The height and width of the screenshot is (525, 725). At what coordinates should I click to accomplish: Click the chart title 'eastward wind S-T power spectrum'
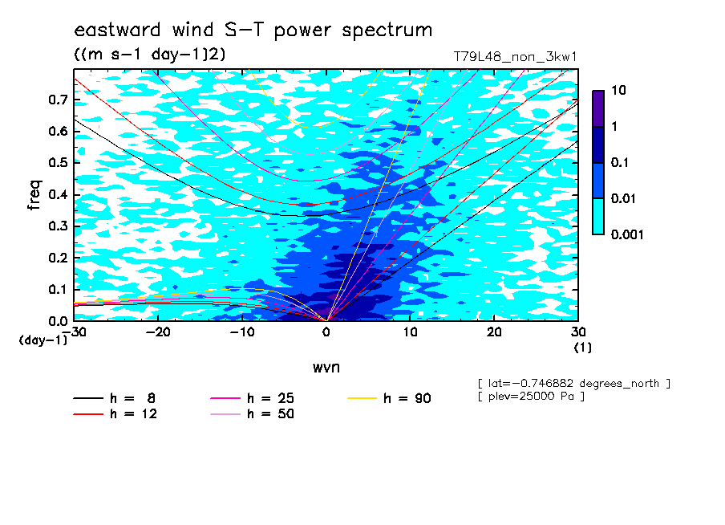(x=253, y=30)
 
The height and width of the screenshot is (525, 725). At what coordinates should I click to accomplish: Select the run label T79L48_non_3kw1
(x=515, y=57)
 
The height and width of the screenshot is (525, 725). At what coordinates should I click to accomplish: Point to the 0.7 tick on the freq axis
(x=59, y=100)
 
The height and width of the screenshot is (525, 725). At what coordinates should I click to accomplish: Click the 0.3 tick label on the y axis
(x=59, y=226)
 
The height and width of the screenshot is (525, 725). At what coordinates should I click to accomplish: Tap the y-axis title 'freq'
(x=34, y=194)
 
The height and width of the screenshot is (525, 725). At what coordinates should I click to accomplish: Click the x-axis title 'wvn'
(x=326, y=368)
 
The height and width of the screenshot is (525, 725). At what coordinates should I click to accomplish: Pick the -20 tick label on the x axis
(x=158, y=332)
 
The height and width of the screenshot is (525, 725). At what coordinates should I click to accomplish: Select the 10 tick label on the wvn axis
(x=410, y=332)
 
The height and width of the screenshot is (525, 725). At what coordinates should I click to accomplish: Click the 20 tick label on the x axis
(x=494, y=332)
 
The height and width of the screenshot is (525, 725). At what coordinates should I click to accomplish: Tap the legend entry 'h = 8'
(x=114, y=398)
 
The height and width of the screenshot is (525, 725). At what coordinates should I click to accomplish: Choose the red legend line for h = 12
(x=88, y=413)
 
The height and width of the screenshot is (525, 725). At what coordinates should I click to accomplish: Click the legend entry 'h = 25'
(x=252, y=398)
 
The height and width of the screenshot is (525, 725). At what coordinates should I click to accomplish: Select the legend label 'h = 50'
(x=270, y=413)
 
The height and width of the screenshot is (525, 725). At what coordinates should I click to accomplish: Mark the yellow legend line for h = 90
(x=362, y=398)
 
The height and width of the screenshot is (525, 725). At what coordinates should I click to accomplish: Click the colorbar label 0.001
(x=627, y=234)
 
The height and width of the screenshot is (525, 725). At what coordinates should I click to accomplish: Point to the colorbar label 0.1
(x=620, y=162)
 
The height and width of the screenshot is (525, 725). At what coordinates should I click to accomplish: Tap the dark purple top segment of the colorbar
(x=598, y=108)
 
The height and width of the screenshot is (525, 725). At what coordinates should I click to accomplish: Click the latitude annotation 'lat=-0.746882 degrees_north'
(x=573, y=384)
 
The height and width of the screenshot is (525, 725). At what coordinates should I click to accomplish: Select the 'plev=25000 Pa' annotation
(x=531, y=397)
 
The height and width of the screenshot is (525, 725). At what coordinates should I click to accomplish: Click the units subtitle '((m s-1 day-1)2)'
(x=150, y=55)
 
